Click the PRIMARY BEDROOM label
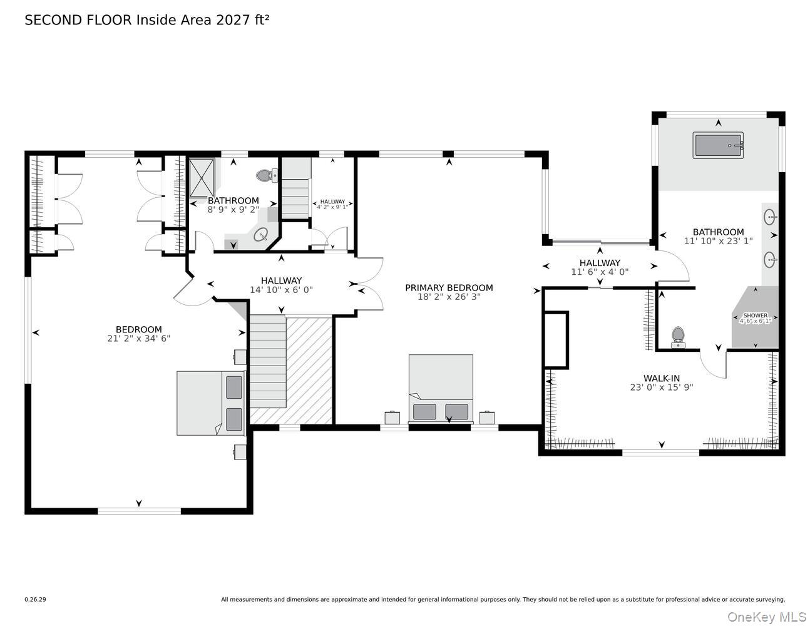tap(449, 288)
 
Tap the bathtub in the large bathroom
tap(718, 145)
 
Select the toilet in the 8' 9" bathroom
tap(267, 175)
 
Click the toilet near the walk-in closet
tap(678, 337)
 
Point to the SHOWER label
tap(755, 316)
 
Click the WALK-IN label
tap(661, 379)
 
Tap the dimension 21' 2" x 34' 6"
tap(139, 338)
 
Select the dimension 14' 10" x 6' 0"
tap(281, 289)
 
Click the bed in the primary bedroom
tap(441, 389)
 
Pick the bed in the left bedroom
tap(211, 403)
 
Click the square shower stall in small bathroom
tap(202, 177)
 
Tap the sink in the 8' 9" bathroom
tap(260, 235)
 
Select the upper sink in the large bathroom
tap(770, 217)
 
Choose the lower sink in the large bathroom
tap(770, 259)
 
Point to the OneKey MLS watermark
tap(767, 617)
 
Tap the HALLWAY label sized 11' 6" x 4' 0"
tap(600, 263)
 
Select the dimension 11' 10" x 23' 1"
tap(719, 241)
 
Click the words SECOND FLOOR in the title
tap(78, 20)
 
